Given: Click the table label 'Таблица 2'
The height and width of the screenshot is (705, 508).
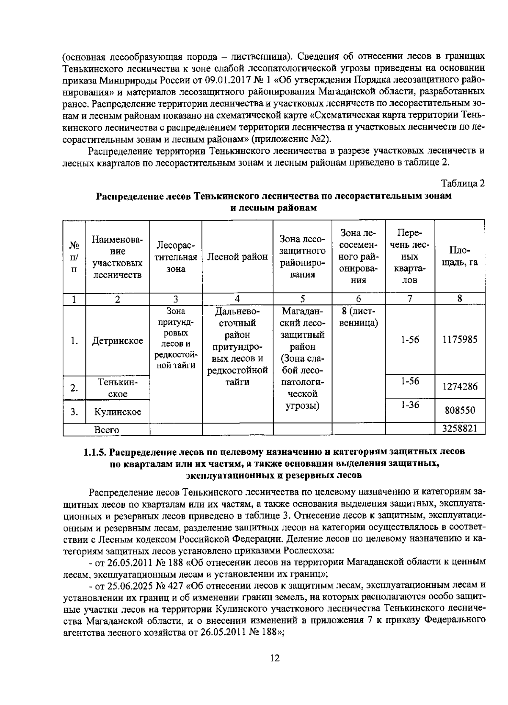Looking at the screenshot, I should tap(463, 183).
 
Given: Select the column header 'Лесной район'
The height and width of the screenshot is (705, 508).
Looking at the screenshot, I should tap(237, 256).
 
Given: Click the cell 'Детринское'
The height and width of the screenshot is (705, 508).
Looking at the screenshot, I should tap(117, 341).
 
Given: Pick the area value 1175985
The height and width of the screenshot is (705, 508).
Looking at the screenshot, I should tap(460, 340).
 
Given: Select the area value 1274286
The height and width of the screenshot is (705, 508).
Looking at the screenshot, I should tap(460, 387).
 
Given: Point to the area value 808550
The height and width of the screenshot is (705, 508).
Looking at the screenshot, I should tap(460, 410).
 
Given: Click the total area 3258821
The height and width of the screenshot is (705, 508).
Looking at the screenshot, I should tap(460, 429).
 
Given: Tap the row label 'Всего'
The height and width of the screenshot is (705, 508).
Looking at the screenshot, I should tap(106, 430).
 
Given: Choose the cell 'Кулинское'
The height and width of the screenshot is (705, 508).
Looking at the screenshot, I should tap(117, 412).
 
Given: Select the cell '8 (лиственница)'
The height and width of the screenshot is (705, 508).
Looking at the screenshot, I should tap(358, 317).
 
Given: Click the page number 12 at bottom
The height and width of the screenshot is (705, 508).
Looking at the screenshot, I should tap(274, 658).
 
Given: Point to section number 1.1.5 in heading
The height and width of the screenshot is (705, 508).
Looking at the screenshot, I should tap(98, 451).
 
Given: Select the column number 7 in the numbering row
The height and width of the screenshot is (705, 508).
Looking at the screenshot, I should tap(409, 299).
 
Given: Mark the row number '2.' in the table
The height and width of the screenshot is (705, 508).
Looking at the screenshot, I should tap(74, 388).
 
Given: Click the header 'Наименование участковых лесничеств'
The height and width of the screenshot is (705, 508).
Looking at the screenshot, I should tap(117, 257).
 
